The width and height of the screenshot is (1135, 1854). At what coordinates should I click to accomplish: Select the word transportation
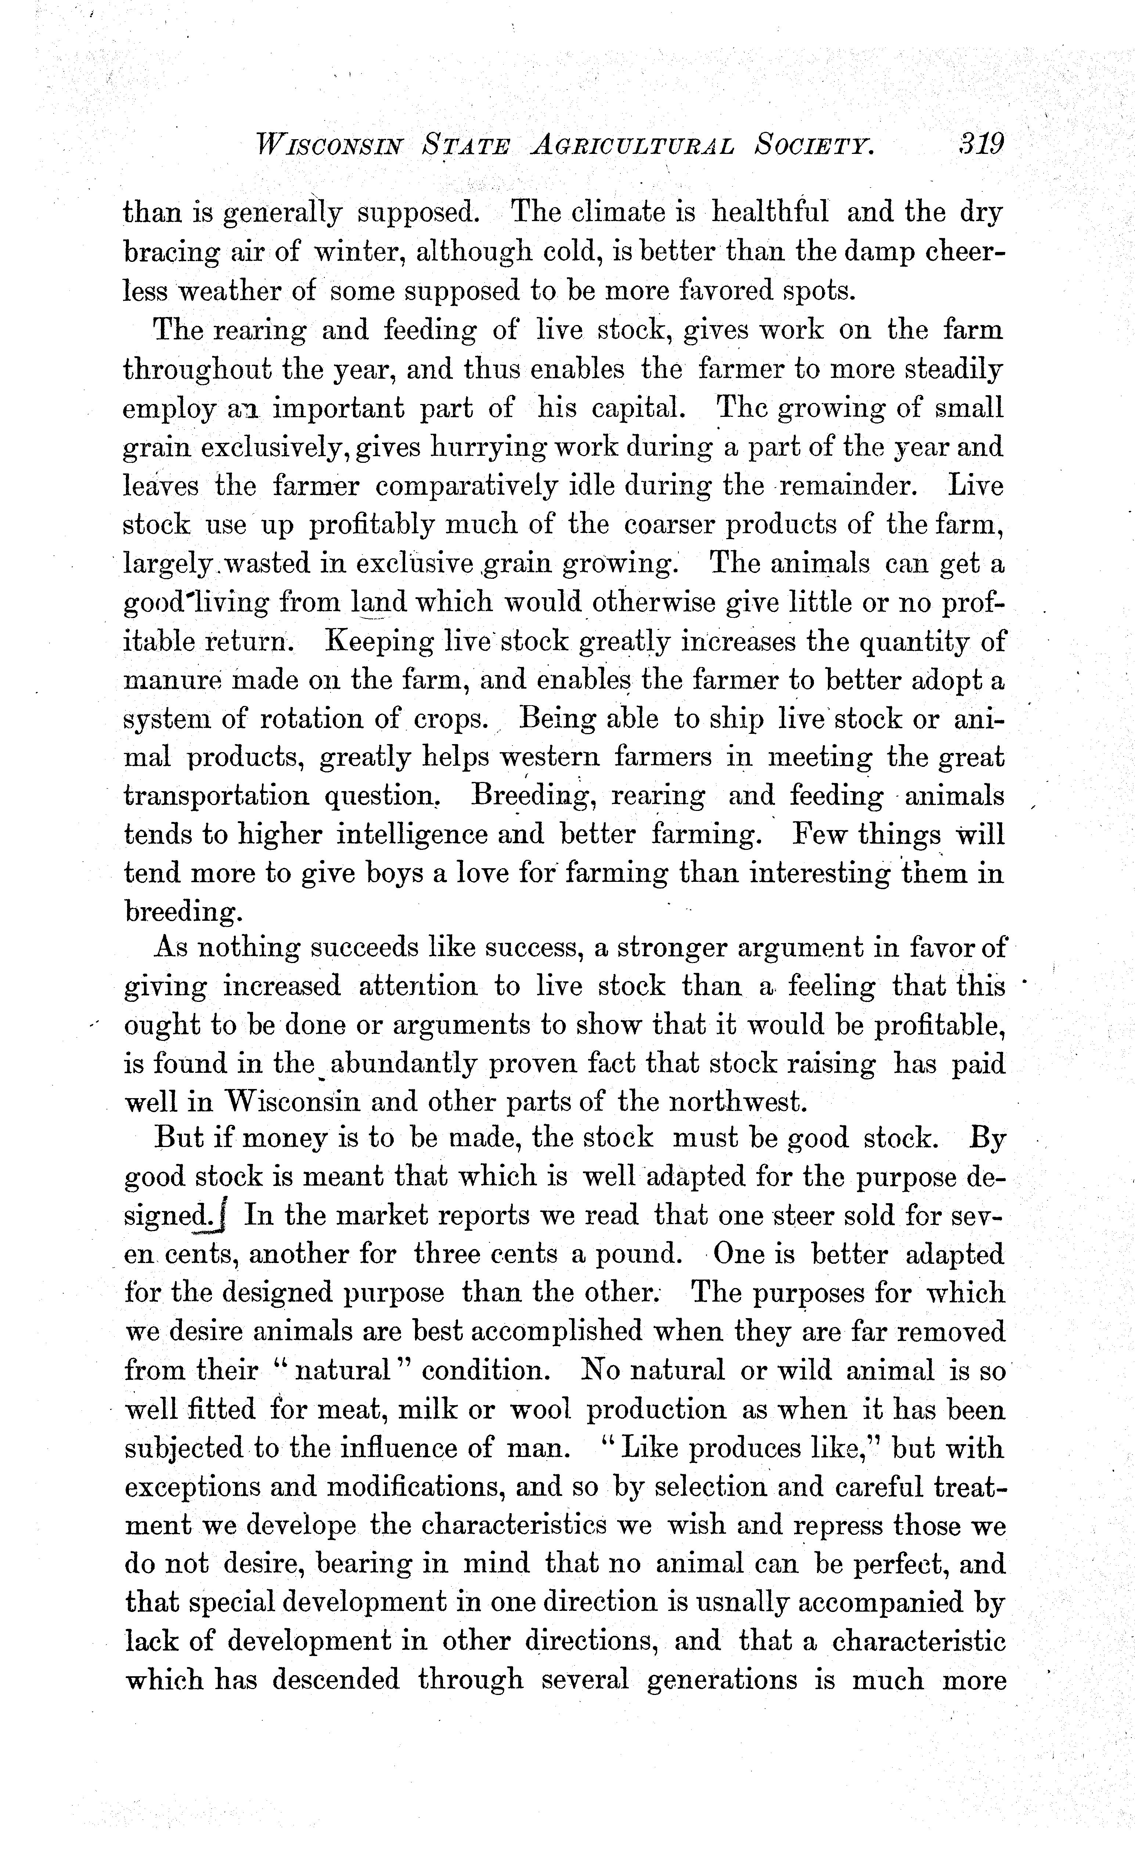click(216, 797)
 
